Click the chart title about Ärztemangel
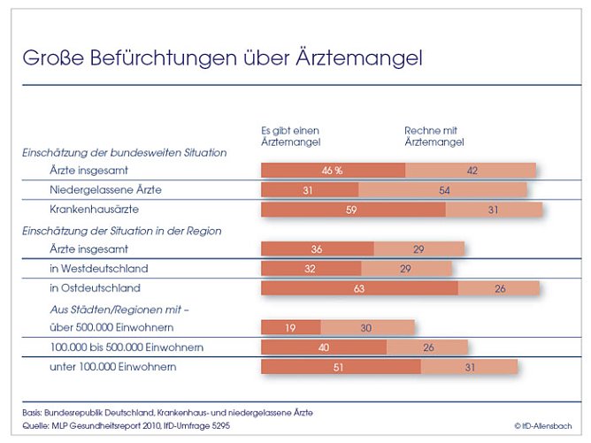point(222,58)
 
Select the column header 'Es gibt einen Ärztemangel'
point(290,135)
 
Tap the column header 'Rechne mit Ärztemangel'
point(434,135)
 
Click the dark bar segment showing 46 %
point(333,171)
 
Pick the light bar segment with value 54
point(442,190)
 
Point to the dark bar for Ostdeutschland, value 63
point(359,288)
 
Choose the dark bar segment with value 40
point(324,348)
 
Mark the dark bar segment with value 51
point(341,367)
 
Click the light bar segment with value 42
point(471,171)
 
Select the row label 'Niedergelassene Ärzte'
point(105,190)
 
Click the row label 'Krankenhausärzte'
point(95,210)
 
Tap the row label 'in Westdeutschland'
point(98,268)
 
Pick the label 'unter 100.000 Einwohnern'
point(112,367)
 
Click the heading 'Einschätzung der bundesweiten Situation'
point(125,152)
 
